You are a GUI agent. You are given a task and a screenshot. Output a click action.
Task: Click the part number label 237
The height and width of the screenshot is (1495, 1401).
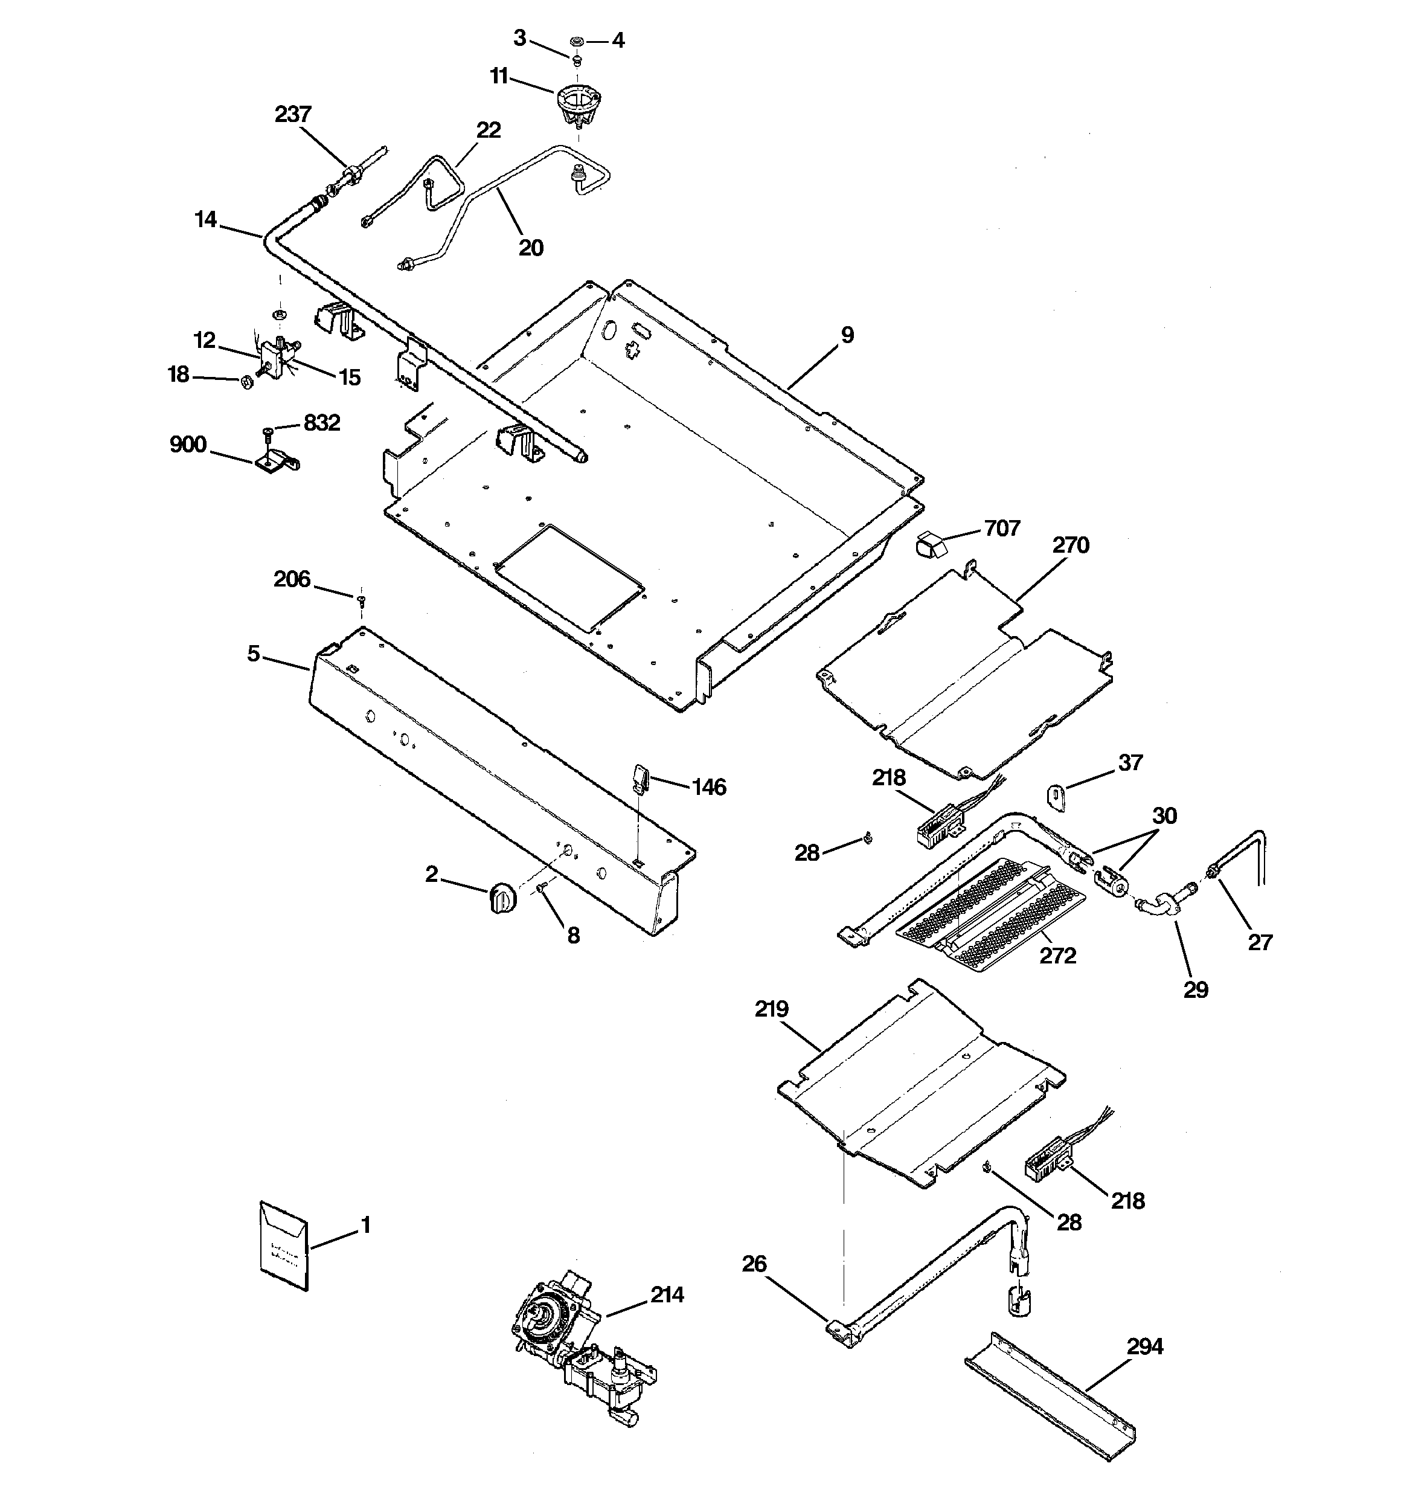point(292,114)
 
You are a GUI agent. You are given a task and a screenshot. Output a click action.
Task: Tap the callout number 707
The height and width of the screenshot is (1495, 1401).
point(1002,528)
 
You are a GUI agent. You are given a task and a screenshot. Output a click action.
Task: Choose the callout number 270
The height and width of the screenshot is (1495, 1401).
point(1070,545)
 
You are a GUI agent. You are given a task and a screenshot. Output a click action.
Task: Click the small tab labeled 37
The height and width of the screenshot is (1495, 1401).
point(1057,797)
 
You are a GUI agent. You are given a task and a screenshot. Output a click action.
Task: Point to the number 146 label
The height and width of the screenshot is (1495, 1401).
point(708,786)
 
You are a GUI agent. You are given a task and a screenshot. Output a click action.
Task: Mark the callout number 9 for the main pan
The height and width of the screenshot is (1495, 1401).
point(847,335)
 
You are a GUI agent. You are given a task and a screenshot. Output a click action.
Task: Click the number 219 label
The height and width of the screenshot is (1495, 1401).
point(772,1009)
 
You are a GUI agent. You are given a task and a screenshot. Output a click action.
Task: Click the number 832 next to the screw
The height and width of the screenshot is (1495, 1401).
point(322,423)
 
